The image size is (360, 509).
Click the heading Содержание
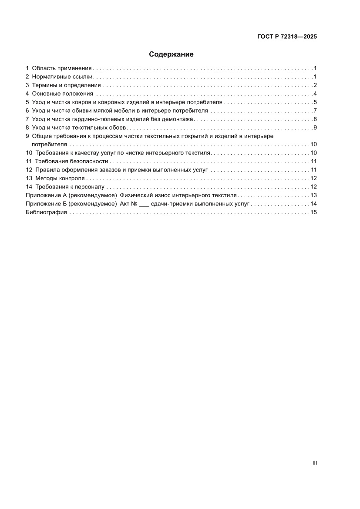[171, 54]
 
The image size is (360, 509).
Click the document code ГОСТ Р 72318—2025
[286, 37]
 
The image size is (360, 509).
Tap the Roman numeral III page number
[314, 463]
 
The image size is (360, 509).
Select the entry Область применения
[62, 68]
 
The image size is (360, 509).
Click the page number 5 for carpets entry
[315, 102]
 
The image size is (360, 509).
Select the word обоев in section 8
[118, 128]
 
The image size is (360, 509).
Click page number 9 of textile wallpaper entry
[315, 128]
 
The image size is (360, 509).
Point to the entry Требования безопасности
[71, 162]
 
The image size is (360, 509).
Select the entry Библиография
[46, 212]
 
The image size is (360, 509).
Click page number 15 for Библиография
[313, 212]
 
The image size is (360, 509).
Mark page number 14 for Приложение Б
[313, 204]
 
